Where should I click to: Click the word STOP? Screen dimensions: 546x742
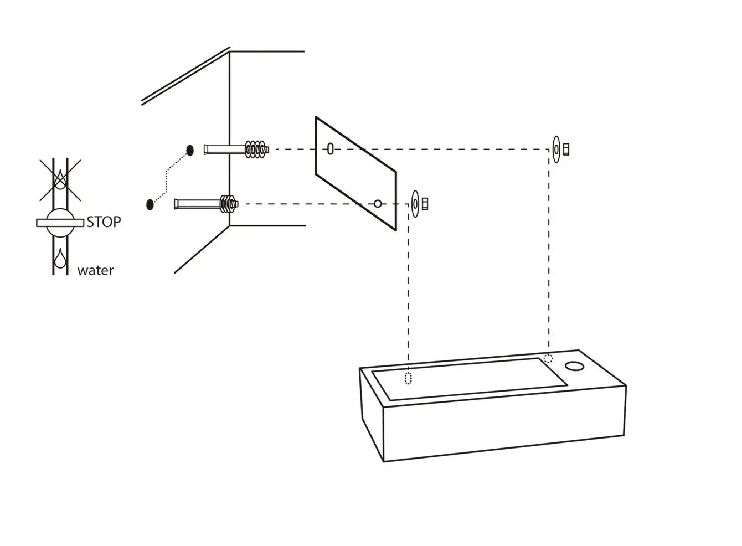[x=104, y=222]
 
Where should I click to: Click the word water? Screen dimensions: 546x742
[x=95, y=271]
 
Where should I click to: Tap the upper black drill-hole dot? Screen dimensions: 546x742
[x=190, y=150]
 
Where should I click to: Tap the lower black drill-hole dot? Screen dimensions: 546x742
[x=150, y=204]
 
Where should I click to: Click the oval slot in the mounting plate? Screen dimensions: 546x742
[x=331, y=148]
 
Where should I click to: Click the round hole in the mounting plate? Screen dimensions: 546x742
[x=378, y=204]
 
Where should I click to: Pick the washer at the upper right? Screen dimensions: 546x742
[x=556, y=149]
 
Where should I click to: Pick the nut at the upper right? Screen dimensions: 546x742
[x=566, y=149]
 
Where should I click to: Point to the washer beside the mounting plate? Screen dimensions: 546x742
[x=415, y=203]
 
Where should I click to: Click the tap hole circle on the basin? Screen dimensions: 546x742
[x=574, y=366]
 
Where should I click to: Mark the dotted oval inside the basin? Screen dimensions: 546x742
[x=409, y=378]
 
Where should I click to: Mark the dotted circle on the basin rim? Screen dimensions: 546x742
[x=548, y=358]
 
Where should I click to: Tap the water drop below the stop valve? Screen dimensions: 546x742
[x=60, y=258]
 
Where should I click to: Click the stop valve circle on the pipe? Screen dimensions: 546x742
[x=60, y=223]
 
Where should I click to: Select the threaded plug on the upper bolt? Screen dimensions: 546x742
[x=257, y=150]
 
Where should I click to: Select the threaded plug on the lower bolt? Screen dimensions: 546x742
[x=227, y=204]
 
